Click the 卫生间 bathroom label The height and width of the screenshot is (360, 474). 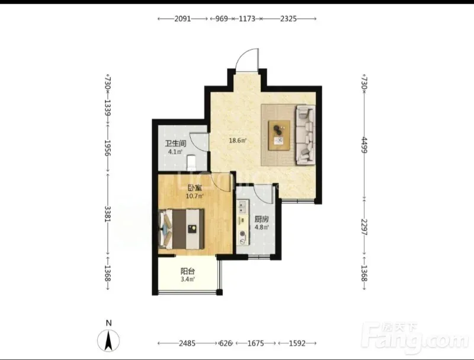coord(175,144)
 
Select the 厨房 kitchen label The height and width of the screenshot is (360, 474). coord(261,219)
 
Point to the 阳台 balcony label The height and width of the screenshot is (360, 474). coord(187,271)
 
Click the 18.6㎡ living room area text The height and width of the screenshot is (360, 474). coord(238,141)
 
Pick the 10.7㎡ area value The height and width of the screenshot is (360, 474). coord(195,196)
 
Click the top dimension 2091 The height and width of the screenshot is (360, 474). coord(182,19)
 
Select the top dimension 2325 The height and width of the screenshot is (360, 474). coord(289,19)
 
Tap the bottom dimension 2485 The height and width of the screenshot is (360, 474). coord(187,343)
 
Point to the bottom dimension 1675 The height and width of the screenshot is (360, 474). coord(256,343)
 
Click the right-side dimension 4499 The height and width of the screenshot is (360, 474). coord(364,145)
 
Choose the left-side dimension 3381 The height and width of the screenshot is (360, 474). coord(108,214)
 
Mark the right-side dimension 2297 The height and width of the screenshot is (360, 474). coord(364,227)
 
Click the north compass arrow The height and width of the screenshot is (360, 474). coord(108,341)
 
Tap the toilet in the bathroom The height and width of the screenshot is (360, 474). coord(191,162)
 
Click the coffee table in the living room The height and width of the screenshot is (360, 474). coord(279,135)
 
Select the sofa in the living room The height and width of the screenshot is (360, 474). coord(305,135)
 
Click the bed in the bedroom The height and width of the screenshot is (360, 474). coord(181,229)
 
